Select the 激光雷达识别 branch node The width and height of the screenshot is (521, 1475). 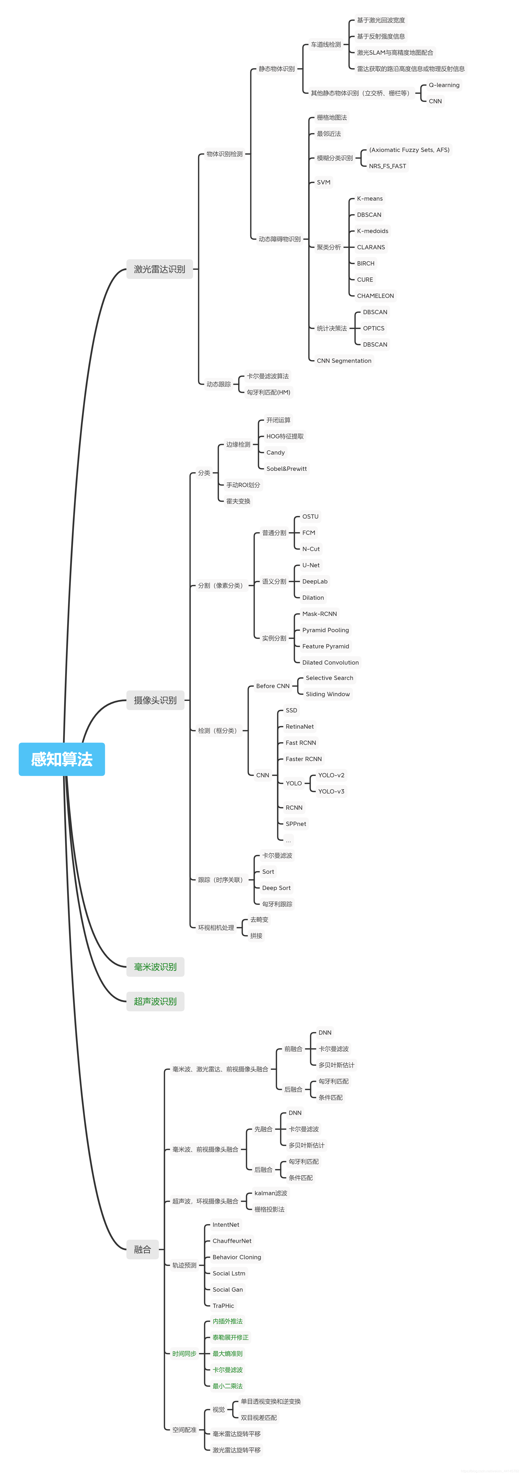(159, 269)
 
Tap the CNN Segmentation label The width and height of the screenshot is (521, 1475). (344, 361)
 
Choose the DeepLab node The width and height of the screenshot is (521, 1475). (315, 581)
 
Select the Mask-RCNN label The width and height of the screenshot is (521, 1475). (319, 614)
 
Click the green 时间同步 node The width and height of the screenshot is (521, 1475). (184, 1354)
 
